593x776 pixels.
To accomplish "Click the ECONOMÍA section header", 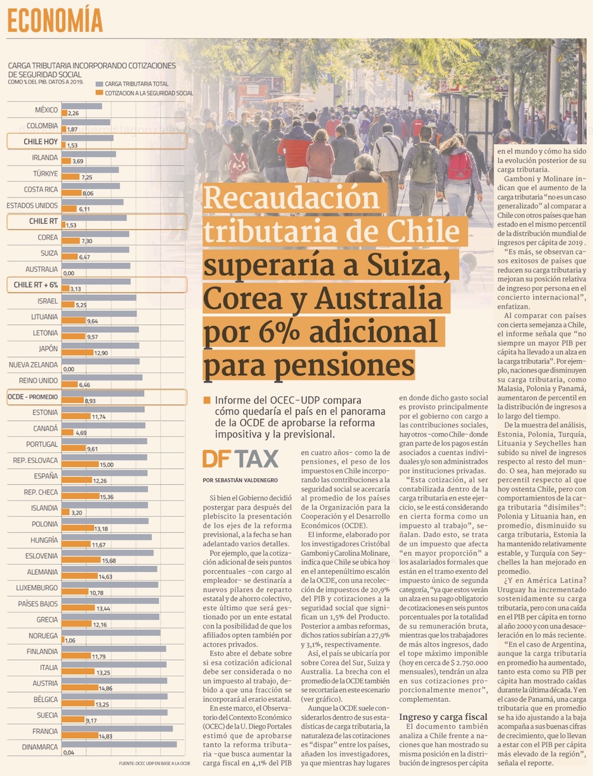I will click(x=55, y=21).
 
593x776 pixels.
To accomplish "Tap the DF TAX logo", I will click(x=240, y=459).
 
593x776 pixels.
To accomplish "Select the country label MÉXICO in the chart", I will click(x=46, y=110).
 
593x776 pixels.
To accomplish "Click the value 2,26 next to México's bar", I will click(x=74, y=113).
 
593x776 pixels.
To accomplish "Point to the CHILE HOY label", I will click(x=41, y=142).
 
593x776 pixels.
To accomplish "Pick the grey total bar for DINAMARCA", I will click(x=119, y=744).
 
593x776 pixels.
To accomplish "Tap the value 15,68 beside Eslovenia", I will click(x=109, y=561).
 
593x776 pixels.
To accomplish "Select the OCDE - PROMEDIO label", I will click(x=33, y=396).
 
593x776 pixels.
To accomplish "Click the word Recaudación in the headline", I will click(x=291, y=198).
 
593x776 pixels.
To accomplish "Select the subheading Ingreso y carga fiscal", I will click(x=443, y=717).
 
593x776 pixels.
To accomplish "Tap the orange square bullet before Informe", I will click(x=207, y=400).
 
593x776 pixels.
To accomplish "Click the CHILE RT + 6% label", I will click(x=36, y=285).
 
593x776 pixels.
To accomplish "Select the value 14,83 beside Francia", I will click(x=106, y=736).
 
